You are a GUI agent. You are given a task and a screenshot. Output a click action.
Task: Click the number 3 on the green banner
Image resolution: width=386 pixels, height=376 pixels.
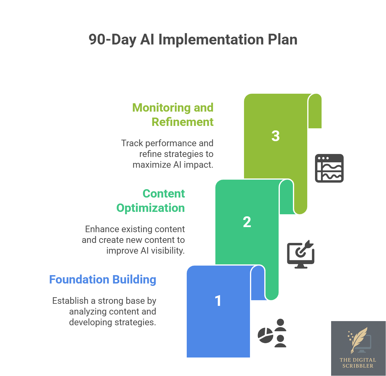275,136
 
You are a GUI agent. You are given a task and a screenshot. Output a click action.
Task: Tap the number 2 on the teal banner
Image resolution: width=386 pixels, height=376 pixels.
247,222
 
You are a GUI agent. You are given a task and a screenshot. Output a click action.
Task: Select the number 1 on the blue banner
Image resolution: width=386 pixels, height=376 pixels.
218,301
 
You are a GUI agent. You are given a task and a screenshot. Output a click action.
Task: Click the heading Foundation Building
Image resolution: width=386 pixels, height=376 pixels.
103,280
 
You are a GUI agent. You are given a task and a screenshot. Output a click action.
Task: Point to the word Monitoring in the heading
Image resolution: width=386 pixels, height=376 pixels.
161,108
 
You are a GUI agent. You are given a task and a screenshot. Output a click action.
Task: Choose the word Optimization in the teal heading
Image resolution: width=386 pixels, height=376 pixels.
151,208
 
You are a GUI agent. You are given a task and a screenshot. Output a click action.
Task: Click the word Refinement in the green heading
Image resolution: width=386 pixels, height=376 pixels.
183,122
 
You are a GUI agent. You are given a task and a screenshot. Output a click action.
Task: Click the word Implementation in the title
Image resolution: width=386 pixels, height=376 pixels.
211,39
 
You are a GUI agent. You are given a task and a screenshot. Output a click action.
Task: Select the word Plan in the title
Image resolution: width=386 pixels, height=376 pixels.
282,39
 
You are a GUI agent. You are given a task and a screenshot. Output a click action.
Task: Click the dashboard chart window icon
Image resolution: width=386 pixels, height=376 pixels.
329,168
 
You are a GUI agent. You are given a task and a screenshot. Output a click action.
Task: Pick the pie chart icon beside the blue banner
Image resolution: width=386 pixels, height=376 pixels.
265,335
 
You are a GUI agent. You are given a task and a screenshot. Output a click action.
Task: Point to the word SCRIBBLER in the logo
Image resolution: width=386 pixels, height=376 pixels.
358,366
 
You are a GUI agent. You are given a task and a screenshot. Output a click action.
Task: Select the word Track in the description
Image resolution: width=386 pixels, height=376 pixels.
132,143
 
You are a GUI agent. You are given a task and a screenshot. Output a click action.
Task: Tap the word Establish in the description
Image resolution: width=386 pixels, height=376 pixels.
70,301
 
